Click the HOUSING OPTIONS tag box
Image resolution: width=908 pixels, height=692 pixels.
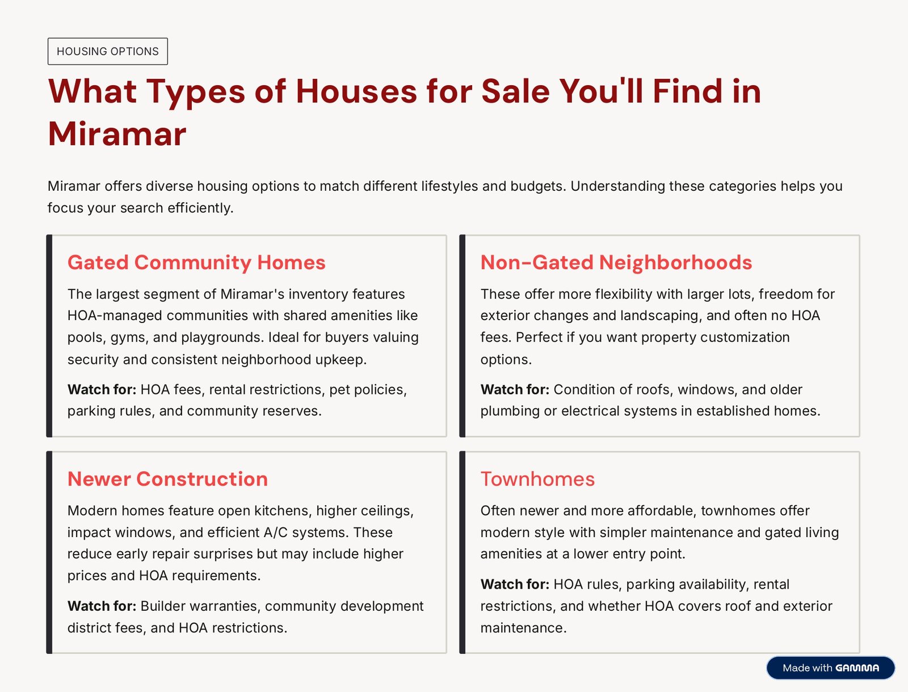click(x=108, y=51)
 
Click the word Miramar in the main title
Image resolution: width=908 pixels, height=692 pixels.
click(x=117, y=134)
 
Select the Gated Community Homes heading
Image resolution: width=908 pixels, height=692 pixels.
click(x=196, y=263)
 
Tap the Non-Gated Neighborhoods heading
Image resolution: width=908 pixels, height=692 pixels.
click(x=616, y=263)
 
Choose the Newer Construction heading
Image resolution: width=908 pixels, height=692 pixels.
click(x=167, y=479)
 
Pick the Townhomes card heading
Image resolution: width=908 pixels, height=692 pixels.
click(x=537, y=479)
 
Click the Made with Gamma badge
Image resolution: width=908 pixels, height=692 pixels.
click(x=831, y=668)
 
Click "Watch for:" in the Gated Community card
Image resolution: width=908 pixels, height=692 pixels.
click(x=102, y=389)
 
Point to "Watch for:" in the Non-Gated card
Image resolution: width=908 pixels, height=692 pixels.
click(x=515, y=389)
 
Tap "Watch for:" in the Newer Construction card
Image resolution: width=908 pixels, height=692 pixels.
click(x=102, y=606)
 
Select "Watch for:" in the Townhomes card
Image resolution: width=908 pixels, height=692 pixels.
click(x=515, y=584)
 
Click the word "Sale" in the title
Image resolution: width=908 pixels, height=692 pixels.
click(x=515, y=91)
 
